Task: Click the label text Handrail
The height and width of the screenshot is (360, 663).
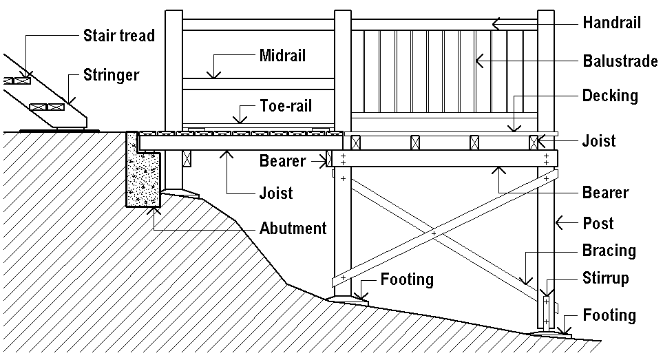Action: tap(611, 23)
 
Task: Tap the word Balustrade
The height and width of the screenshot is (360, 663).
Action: tap(620, 61)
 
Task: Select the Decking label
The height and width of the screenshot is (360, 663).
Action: tap(610, 95)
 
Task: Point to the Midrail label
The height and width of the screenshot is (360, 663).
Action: tap(282, 54)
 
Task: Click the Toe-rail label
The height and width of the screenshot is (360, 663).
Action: tap(286, 106)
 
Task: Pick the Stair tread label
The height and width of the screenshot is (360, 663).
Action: tap(118, 34)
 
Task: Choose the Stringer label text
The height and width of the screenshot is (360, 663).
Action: tap(111, 74)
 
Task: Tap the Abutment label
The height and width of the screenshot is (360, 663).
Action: tap(293, 228)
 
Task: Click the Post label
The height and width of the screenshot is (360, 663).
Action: tap(598, 224)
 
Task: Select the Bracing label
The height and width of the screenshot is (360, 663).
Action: tap(607, 250)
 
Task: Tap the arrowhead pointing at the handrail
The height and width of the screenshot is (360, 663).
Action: tap(495, 23)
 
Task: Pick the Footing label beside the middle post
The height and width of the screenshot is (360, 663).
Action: tap(407, 279)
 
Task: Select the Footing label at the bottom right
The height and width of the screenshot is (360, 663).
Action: tap(609, 315)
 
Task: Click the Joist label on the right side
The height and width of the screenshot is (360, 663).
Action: tap(599, 142)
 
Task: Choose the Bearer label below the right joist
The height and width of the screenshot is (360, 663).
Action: tap(605, 192)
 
